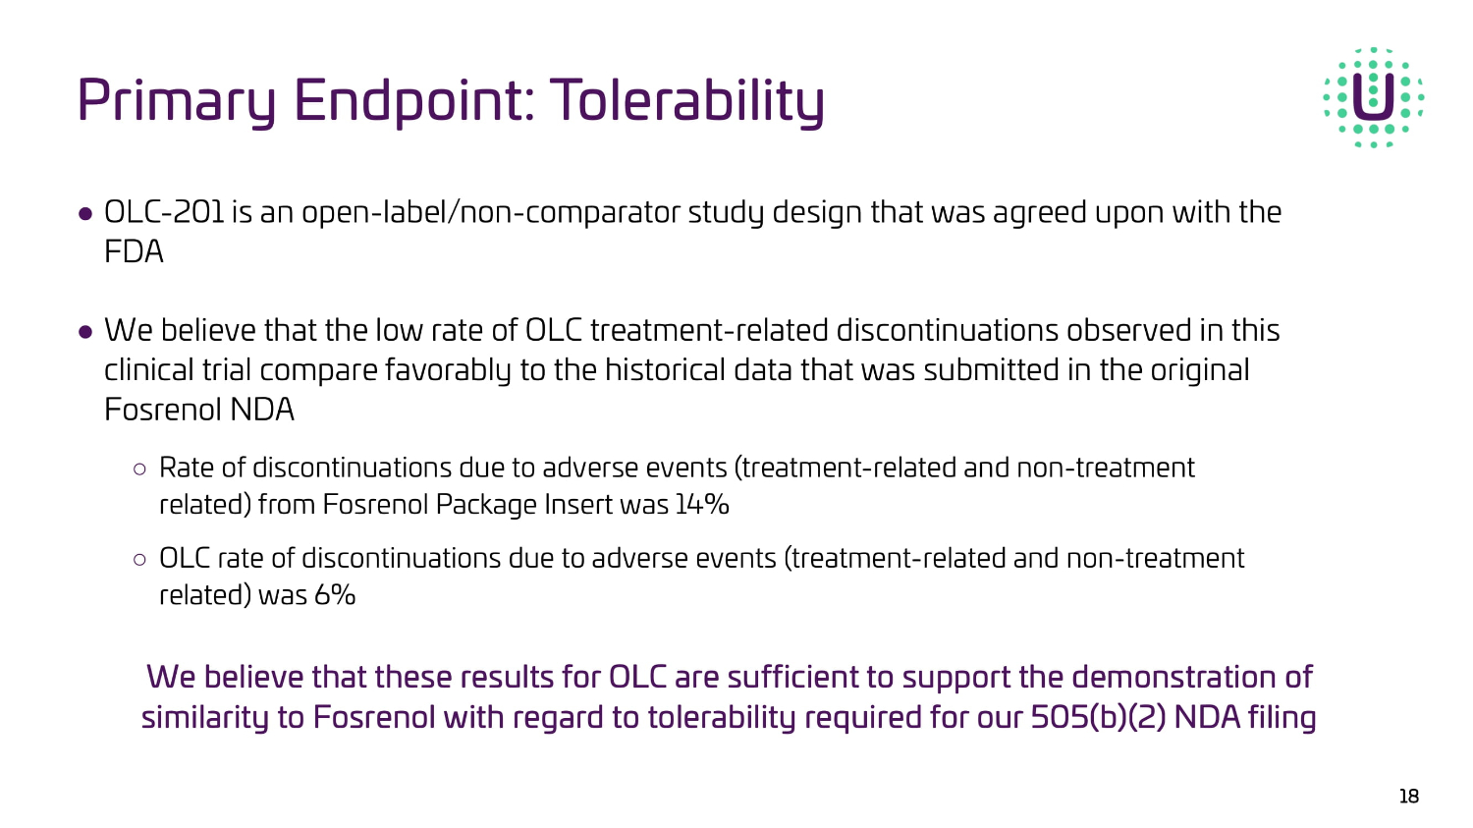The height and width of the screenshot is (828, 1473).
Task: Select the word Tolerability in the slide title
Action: [x=686, y=100]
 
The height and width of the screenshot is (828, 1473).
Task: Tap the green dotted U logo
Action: [x=1374, y=97]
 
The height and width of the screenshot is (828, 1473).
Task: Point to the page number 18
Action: [x=1409, y=797]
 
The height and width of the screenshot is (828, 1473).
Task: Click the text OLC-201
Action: [x=164, y=212]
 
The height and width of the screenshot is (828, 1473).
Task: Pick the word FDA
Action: [x=134, y=251]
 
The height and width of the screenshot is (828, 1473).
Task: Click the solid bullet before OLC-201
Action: [x=84, y=214]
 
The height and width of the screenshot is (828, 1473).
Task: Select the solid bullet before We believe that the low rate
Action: [x=84, y=331]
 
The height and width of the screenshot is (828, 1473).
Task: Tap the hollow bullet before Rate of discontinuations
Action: [x=139, y=469]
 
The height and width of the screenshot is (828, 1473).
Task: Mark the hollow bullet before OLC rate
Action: [x=139, y=560]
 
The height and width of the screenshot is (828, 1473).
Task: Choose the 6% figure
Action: [x=335, y=595]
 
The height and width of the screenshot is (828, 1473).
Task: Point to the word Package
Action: [x=487, y=505]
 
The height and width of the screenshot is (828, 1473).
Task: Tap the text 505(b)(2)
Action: [x=1098, y=717]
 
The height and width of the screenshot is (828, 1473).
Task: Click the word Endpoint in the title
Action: [x=414, y=102]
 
